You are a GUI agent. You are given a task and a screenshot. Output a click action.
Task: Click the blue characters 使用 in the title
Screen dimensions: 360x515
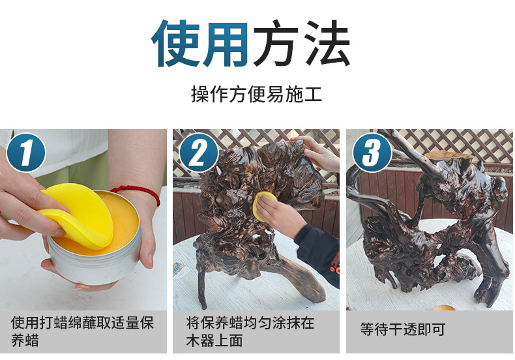click(x=200, y=44)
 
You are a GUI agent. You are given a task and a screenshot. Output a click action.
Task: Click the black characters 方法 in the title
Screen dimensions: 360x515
click(x=301, y=44)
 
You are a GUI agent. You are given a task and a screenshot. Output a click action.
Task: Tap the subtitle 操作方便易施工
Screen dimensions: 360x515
click(x=256, y=95)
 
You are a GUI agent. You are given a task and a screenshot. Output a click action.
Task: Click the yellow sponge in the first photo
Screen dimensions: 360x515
click(x=77, y=215)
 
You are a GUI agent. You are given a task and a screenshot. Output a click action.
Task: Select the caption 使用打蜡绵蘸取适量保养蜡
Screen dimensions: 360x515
click(x=83, y=331)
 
